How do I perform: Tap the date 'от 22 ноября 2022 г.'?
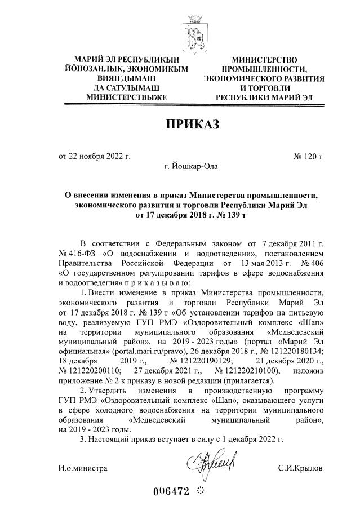click(95, 156)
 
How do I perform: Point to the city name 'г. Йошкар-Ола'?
click(189, 166)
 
